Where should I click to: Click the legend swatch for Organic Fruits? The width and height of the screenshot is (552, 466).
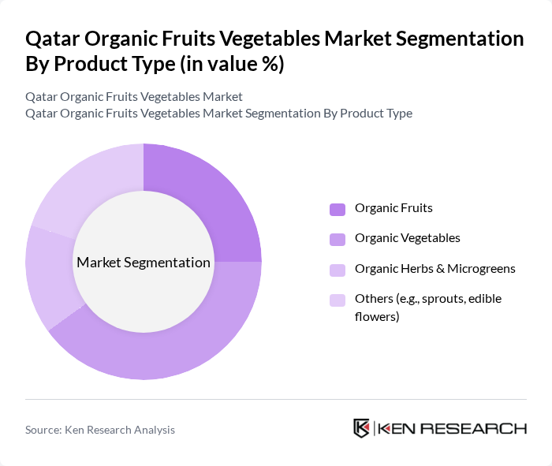(338, 209)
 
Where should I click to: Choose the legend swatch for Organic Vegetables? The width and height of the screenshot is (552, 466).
(338, 238)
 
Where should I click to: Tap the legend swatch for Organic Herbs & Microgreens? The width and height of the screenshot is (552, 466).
(338, 269)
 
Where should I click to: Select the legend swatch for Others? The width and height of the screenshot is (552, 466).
(338, 299)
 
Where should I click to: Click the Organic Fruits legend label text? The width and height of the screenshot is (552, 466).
(393, 208)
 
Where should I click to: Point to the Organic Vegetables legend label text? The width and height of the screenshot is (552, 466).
(407, 237)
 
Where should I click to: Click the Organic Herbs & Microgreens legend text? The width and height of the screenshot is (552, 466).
(435, 268)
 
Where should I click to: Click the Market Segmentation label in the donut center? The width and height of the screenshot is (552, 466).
(144, 263)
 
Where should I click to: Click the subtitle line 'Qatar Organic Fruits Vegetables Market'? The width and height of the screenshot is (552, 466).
(134, 96)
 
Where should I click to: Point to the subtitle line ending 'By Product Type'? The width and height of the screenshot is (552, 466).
(218, 113)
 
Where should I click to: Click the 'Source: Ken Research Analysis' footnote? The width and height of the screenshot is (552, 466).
(100, 430)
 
